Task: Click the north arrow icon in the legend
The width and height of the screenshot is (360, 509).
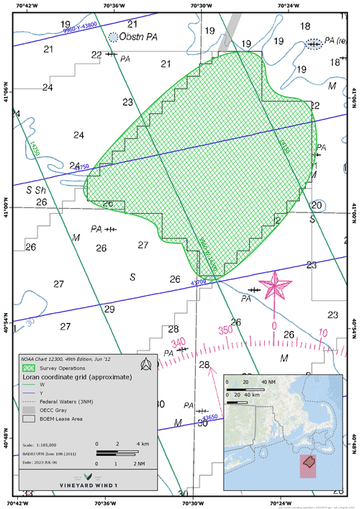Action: (146, 364)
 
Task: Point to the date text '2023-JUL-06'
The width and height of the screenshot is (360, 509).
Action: (51, 461)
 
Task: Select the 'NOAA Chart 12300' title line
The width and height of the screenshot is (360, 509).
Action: (58, 358)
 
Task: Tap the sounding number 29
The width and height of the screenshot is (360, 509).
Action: (109, 309)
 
